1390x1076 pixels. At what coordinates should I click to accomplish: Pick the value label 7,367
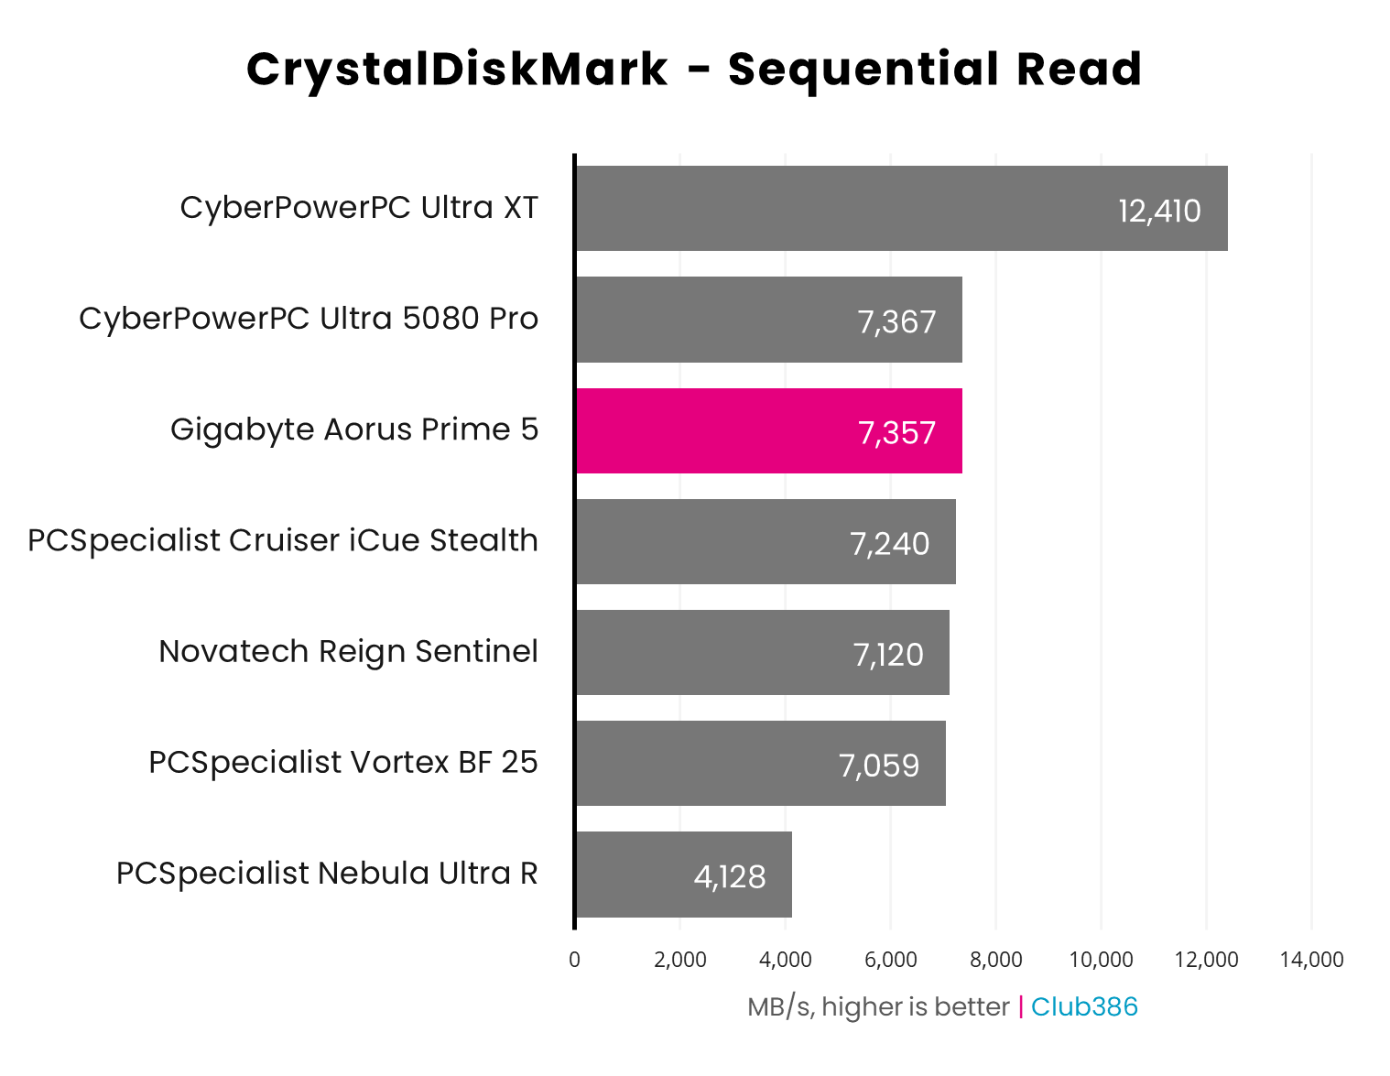(896, 321)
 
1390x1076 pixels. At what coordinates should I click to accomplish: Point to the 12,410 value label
(1159, 211)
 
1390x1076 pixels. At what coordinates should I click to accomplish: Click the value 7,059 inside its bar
(879, 765)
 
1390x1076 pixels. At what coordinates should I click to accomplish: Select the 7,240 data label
(889, 543)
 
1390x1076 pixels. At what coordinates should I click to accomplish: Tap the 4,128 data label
(730, 876)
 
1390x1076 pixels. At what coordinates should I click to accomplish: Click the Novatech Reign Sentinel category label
(348, 651)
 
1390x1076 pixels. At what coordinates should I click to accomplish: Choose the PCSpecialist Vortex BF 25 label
(343, 762)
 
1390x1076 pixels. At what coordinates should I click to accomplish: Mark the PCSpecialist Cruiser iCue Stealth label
(283, 540)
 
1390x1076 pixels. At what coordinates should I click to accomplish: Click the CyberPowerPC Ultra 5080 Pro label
(309, 319)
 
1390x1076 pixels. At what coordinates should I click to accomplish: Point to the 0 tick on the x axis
(574, 960)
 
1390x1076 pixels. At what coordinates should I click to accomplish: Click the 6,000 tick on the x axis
(890, 960)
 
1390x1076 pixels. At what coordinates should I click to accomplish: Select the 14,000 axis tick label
(1311, 960)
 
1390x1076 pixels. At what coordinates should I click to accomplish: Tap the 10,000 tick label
(1101, 960)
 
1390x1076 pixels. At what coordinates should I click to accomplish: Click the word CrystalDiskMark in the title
(457, 70)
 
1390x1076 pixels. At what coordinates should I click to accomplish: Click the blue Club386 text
(1084, 1006)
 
